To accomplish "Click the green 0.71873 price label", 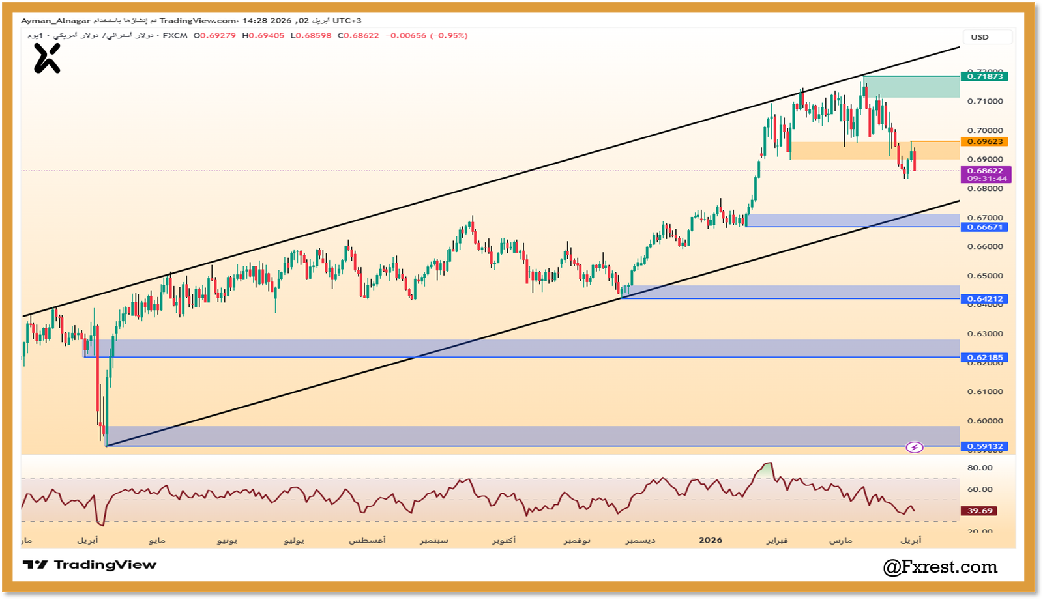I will point(984,76).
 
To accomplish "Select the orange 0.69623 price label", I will point(984,141).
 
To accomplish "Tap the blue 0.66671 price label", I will point(984,227).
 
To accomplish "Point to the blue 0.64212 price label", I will point(984,299).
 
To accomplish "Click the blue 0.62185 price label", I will point(984,357).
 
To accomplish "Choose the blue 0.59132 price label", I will point(984,446).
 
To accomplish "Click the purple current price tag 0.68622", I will point(985,171).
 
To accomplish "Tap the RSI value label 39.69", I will point(980,511).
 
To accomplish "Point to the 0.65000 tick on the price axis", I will point(985,276).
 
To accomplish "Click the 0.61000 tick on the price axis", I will point(985,392).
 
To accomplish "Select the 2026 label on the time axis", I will point(711,540).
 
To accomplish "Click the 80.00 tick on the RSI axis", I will point(980,468).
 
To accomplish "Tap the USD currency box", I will point(980,37).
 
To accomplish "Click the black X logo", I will point(47,58).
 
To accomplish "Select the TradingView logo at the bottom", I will point(89,565).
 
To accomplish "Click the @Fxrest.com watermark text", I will point(940,567).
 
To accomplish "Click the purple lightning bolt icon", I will point(915,448).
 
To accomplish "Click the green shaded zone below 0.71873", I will point(911,87).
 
